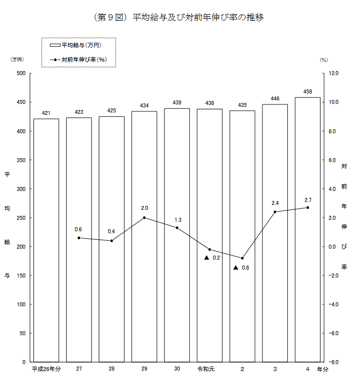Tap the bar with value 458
tap(308, 229)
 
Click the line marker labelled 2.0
tap(144, 217)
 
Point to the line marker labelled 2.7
tap(308, 207)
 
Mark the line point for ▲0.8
tap(242, 258)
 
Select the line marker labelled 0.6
tap(79, 238)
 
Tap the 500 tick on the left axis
tap(21, 73)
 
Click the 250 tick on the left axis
tap(21, 218)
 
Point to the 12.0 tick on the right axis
tap(333, 73)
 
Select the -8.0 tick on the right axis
tap(333, 362)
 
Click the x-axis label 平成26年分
tap(46, 369)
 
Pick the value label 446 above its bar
tap(275, 98)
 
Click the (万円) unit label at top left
tap(17, 59)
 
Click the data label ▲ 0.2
tap(212, 258)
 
